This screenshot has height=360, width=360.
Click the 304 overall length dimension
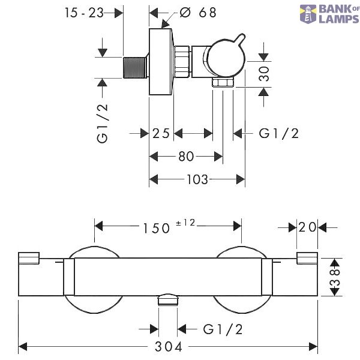169,346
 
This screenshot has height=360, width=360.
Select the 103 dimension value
197,179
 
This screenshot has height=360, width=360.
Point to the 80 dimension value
186,157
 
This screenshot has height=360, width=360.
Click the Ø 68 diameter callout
198,13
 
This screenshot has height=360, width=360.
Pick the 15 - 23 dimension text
84,13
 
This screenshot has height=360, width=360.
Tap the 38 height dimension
335,277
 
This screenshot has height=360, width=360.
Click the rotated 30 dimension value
264,74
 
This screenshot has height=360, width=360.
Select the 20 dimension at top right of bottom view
307,227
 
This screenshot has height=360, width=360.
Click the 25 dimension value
161,133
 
